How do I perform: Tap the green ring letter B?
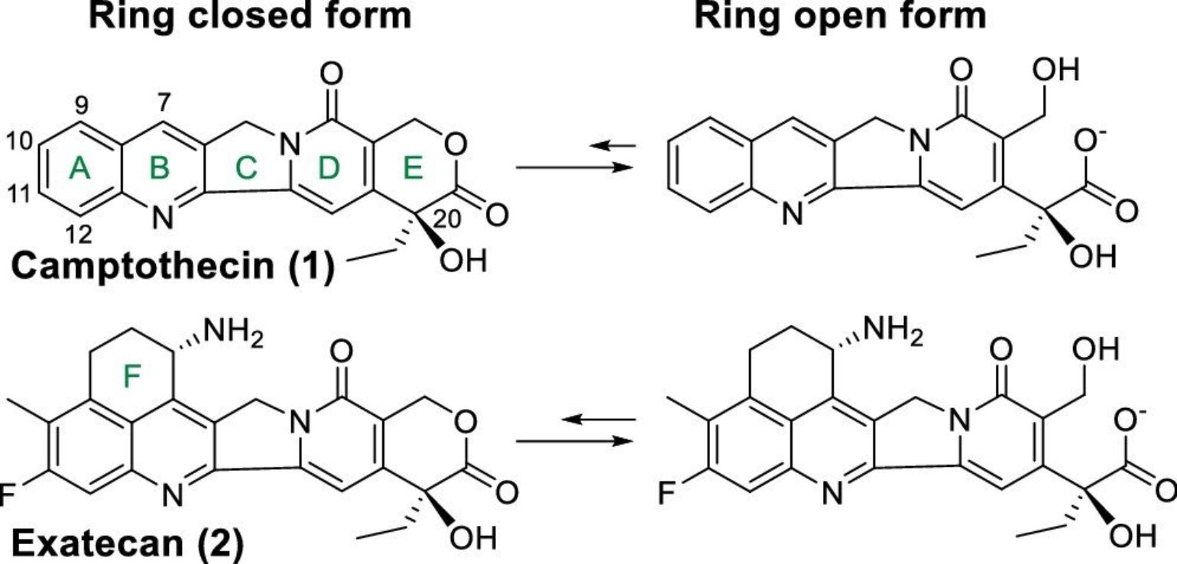pos(159,170)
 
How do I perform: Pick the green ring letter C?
pos(246,170)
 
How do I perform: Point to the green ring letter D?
pos(327,171)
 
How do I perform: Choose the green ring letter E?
pos(413,170)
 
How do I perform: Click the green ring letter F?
pos(135,374)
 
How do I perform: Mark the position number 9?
pos(82,106)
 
